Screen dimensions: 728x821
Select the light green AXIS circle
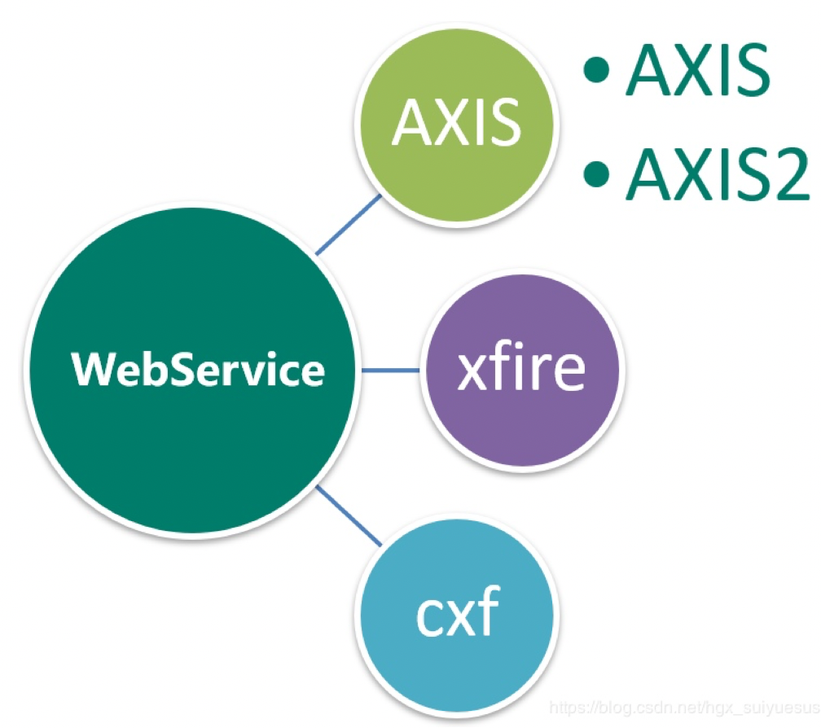456,123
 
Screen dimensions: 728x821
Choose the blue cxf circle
456,616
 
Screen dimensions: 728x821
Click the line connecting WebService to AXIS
349,223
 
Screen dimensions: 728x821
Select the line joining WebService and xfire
391,371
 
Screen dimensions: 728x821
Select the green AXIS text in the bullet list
697,72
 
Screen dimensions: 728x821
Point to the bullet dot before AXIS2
599,172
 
